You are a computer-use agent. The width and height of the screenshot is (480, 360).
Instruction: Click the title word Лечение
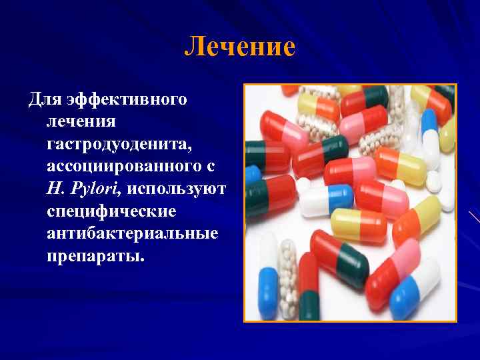click(x=239, y=47)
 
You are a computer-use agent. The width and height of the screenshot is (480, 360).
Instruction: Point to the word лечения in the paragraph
click(x=81, y=122)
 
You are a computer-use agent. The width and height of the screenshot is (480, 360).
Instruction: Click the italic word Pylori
click(x=95, y=188)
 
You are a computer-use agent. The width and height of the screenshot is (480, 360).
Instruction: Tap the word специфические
click(x=111, y=211)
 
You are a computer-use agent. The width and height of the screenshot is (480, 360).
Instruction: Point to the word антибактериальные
click(x=133, y=233)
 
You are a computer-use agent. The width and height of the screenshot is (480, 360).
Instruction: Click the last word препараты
click(x=95, y=256)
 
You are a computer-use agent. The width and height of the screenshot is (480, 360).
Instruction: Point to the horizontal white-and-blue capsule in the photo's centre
click(x=326, y=199)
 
